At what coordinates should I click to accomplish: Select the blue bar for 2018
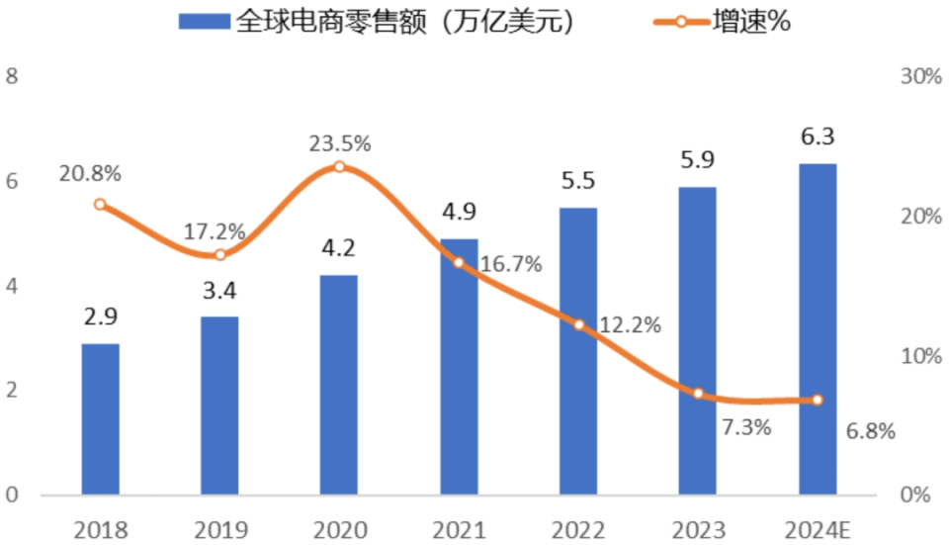tap(100, 419)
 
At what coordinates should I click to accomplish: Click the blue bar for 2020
tap(338, 385)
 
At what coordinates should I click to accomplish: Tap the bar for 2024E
tap(817, 329)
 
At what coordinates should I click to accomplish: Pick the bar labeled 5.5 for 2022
tap(578, 351)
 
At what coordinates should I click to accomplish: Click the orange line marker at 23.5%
tap(339, 166)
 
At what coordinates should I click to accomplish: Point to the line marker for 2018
tap(100, 204)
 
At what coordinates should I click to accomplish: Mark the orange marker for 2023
tap(698, 394)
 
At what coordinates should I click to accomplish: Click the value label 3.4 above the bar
tap(219, 293)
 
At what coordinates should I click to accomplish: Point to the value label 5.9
tap(697, 160)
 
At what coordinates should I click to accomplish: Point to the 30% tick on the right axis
tap(918, 77)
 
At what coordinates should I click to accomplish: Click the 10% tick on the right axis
tap(918, 356)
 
